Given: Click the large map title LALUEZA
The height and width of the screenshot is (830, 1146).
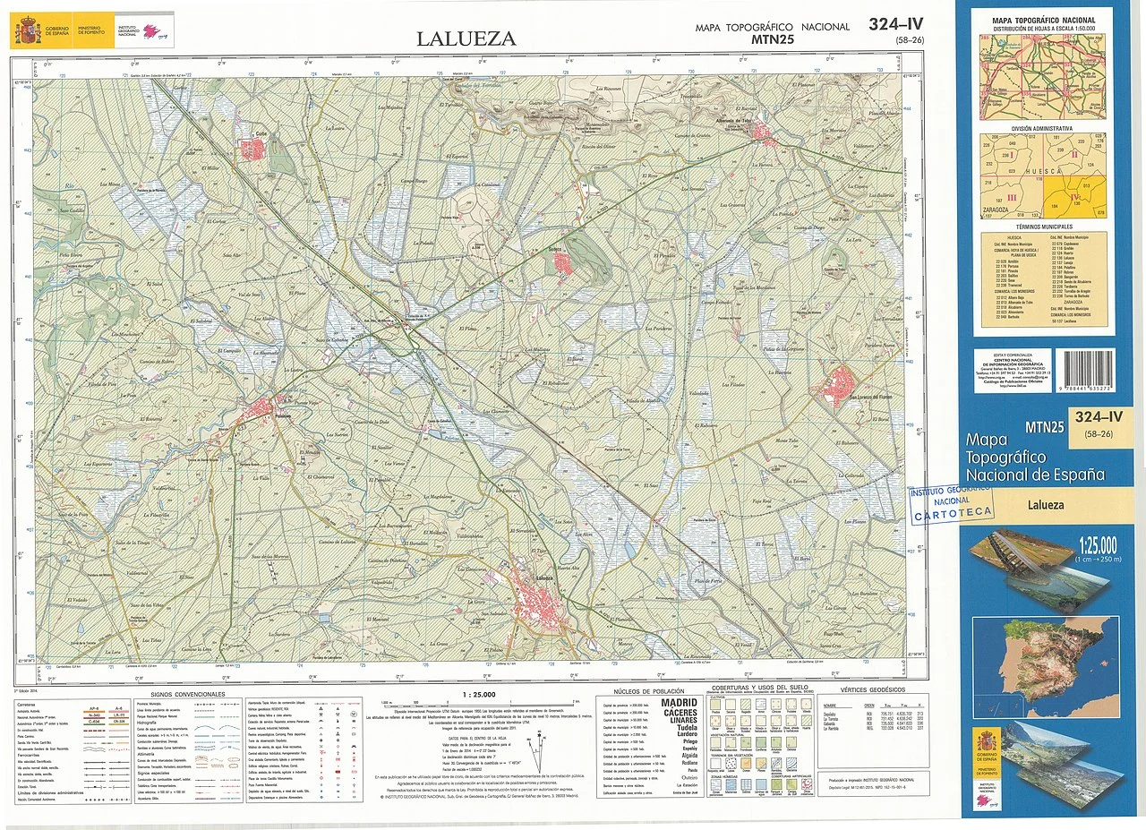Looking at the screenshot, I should coord(466,39).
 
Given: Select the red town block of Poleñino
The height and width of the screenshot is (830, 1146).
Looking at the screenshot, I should coord(262,408).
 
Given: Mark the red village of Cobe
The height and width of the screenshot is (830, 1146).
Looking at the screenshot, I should coord(249,150).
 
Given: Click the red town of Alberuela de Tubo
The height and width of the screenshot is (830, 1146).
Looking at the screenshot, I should coord(764,133).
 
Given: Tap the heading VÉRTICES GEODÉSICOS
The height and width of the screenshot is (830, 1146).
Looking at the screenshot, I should coord(873,689).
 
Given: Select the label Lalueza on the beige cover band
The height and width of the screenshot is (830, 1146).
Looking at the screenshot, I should coord(1045,505).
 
